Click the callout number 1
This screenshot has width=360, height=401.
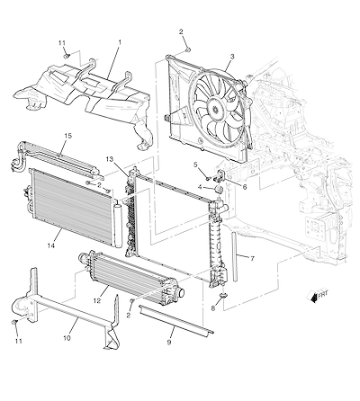tap(120, 42)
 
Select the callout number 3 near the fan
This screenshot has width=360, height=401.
tap(232, 56)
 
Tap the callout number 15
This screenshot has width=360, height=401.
tap(68, 136)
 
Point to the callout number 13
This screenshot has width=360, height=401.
tap(110, 159)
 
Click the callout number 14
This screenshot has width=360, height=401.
tap(51, 245)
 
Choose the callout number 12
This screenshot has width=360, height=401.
tap(97, 300)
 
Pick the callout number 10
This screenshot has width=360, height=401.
tap(67, 338)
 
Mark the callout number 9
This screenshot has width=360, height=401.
tap(169, 342)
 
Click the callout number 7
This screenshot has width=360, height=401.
tap(252, 258)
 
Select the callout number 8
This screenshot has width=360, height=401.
tap(213, 307)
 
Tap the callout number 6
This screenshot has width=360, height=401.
tap(245, 187)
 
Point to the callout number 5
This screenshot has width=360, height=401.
tap(195, 165)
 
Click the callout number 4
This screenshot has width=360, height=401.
tap(200, 187)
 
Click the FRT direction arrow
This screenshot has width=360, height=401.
tap(313, 297)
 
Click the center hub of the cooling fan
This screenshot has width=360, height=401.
tap(215, 108)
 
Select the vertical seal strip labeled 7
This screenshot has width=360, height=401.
tap(235, 256)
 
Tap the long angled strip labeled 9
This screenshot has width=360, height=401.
tap(176, 320)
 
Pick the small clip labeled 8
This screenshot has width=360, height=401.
tap(224, 296)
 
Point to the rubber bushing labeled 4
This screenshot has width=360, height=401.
tap(219, 191)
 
